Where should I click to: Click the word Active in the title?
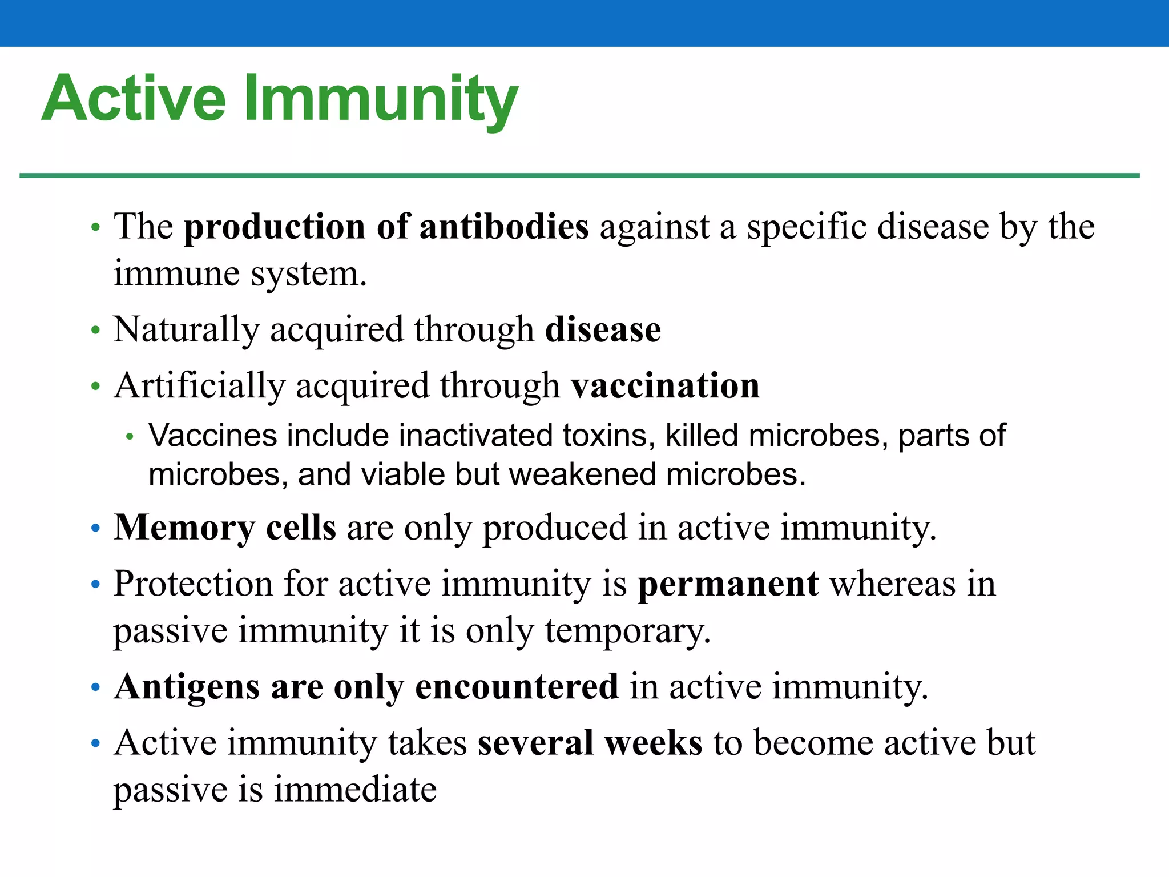pos(134,98)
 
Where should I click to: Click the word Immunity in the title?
pos(381,100)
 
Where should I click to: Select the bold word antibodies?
pos(503,227)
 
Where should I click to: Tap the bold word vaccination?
pos(666,386)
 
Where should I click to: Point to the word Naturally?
pos(186,330)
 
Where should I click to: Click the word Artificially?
pos(199,386)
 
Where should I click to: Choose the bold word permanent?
pos(728,585)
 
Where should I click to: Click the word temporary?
pos(627,631)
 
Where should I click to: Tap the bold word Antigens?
pos(187,687)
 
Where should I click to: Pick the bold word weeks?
pos(653,743)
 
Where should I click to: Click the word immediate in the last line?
pos(355,790)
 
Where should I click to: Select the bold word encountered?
pos(517,687)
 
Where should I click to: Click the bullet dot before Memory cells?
pos(96,528)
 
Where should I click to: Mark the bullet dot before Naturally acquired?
pos(96,331)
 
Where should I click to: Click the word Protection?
pos(193,585)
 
